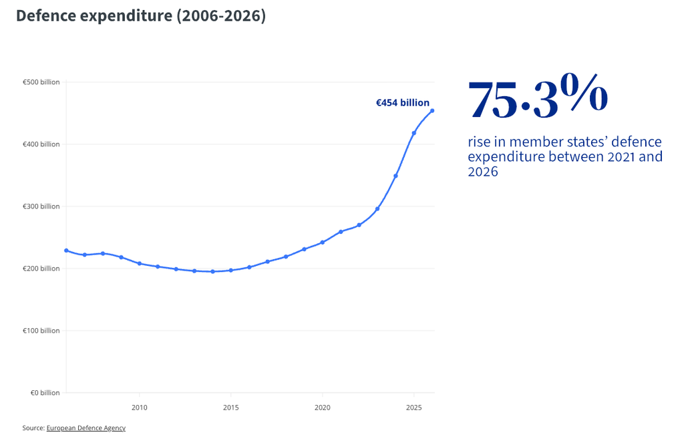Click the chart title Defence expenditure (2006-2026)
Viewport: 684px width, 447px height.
[141, 16]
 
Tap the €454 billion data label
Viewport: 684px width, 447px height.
[403, 103]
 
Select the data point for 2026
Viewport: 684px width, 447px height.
[432, 111]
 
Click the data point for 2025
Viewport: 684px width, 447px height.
[414, 133]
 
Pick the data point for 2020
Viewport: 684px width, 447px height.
[323, 243]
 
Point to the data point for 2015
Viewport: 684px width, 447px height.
[230, 270]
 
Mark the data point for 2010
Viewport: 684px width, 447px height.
[140, 264]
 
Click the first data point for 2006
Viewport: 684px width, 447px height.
[66, 251]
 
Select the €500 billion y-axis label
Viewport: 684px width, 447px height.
[41, 82]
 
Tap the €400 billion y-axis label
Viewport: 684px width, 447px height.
[41, 144]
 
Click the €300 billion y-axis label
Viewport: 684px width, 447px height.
[41, 206]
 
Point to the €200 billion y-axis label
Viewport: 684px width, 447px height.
[41, 269]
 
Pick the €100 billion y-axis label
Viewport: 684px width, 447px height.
[41, 331]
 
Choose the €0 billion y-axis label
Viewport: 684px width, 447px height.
[45, 393]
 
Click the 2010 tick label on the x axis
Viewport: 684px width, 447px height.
[140, 408]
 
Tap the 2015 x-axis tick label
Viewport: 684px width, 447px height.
[230, 408]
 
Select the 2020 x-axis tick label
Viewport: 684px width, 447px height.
[323, 408]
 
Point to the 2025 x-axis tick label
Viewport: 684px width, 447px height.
[414, 408]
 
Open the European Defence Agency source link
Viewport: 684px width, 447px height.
[86, 428]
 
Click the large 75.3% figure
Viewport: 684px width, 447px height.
[538, 96]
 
